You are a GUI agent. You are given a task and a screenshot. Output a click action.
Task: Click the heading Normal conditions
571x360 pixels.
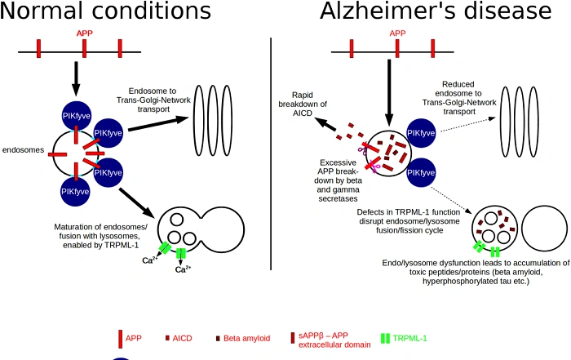click(x=106, y=11)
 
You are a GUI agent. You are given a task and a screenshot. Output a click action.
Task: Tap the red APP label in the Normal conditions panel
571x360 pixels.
click(x=84, y=33)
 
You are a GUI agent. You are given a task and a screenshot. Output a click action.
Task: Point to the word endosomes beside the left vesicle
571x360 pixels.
click(x=23, y=150)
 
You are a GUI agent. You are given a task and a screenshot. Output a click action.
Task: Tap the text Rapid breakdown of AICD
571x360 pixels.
click(x=309, y=104)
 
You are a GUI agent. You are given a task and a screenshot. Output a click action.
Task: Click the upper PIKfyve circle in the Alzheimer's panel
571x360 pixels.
click(x=420, y=133)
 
